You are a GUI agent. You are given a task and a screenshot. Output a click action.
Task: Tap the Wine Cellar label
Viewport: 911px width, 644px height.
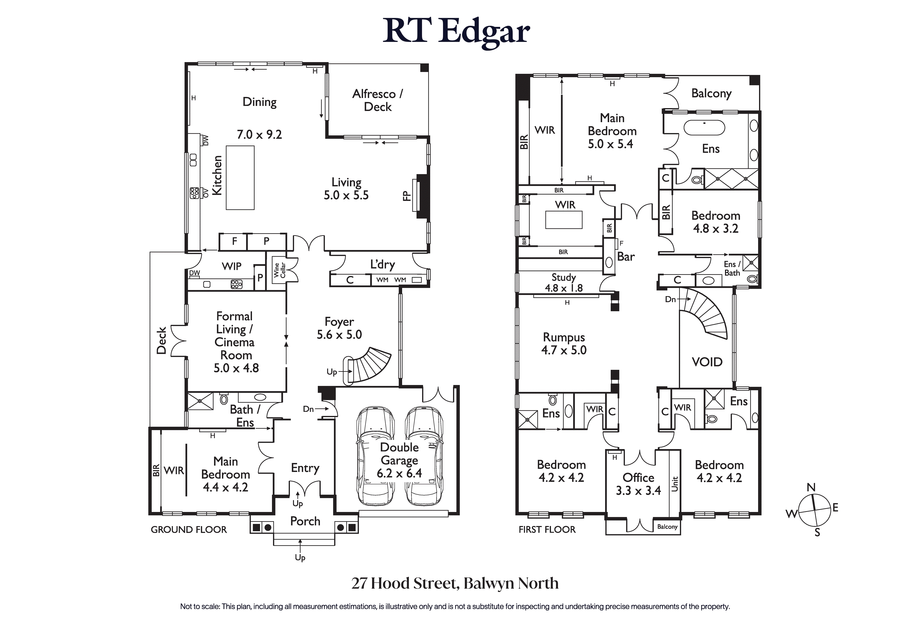(x=280, y=270)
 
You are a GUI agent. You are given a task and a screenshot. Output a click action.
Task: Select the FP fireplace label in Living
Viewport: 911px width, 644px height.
(x=406, y=196)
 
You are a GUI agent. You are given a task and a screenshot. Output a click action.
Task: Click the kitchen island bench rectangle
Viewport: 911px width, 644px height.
(x=240, y=178)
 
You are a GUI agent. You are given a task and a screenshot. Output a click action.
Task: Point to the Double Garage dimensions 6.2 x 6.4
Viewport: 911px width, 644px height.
(x=399, y=473)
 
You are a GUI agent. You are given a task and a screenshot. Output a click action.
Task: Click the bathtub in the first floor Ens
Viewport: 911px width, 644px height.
(x=704, y=128)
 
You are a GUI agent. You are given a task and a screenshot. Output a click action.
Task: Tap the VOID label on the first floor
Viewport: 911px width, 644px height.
(x=707, y=362)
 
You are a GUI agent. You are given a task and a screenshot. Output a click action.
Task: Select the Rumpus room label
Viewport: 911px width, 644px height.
(x=563, y=337)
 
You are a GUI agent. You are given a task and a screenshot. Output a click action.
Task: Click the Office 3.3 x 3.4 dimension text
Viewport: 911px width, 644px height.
(x=638, y=490)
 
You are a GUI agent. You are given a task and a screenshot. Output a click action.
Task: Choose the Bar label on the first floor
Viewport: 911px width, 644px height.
(x=626, y=257)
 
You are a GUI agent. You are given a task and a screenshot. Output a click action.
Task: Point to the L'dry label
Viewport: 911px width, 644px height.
(x=382, y=264)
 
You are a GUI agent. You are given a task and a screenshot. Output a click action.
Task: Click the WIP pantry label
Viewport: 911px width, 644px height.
(x=231, y=266)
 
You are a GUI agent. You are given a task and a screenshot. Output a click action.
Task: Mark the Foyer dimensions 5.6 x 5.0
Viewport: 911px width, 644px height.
(x=339, y=334)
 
